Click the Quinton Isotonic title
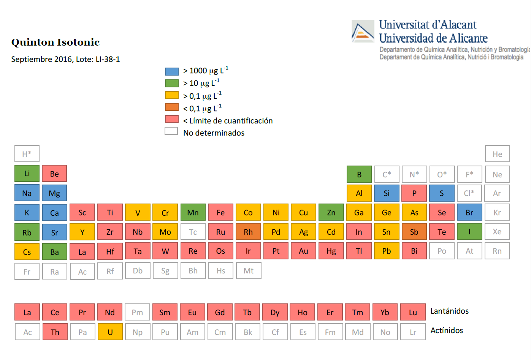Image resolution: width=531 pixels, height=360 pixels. click(x=55, y=42)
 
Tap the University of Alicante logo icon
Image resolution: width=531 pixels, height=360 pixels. click(x=363, y=32)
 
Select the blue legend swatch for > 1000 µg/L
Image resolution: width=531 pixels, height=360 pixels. click(x=172, y=71)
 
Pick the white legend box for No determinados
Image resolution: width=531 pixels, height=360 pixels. click(x=171, y=131)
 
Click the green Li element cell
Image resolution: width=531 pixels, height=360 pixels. click(x=27, y=174)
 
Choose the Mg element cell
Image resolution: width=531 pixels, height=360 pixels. click(x=54, y=193)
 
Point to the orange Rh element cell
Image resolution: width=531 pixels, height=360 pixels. click(x=248, y=232)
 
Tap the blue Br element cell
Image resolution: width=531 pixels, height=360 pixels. click(x=469, y=213)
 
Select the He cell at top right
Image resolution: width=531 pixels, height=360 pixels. click(x=497, y=154)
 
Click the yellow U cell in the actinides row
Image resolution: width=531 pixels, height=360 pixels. click(x=110, y=332)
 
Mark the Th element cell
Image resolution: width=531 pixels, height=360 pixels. click(x=55, y=332)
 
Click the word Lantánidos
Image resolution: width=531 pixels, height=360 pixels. click(x=449, y=311)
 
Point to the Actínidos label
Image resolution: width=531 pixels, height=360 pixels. click(x=447, y=330)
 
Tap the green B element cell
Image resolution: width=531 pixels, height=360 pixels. click(x=359, y=174)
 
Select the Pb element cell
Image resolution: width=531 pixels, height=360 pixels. click(x=387, y=251)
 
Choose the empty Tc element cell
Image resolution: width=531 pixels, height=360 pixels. click(x=193, y=232)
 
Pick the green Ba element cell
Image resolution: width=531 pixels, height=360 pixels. click(x=54, y=252)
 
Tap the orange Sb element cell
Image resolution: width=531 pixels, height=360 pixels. click(x=414, y=232)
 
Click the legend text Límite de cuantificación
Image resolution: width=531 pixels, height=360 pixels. click(x=231, y=121)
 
